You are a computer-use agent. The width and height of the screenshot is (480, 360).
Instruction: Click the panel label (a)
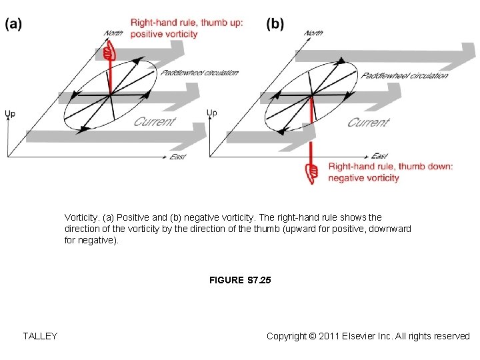pyautogui.click(x=13, y=24)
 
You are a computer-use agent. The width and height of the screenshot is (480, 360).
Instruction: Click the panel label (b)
pyautogui.click(x=275, y=24)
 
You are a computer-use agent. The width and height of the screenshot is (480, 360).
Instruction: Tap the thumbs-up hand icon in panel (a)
pyautogui.click(x=111, y=51)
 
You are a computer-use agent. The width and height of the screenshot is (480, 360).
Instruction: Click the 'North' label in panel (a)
pyautogui.click(x=114, y=33)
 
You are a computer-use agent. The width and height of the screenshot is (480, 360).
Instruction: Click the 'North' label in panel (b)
pyautogui.click(x=313, y=33)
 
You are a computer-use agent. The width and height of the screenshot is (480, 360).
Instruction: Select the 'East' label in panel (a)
pyautogui.click(x=177, y=157)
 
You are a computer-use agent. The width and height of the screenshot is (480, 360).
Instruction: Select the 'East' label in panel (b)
pyautogui.click(x=379, y=157)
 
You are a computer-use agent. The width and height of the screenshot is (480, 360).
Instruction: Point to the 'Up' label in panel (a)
pyautogui.click(x=10, y=114)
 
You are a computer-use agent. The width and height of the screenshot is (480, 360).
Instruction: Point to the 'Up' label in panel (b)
pyautogui.click(x=211, y=113)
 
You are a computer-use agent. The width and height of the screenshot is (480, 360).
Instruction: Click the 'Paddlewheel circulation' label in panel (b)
pyautogui.click(x=405, y=75)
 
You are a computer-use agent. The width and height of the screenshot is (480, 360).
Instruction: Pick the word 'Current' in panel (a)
pyautogui.click(x=154, y=121)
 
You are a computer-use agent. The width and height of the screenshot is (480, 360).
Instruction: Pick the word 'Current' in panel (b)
pyautogui.click(x=367, y=122)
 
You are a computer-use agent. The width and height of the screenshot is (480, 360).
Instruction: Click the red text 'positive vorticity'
pyautogui.click(x=164, y=34)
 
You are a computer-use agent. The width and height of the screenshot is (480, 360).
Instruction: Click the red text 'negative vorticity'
pyautogui.click(x=363, y=178)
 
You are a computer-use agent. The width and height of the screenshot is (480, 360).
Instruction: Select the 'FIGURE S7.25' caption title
pyautogui.click(x=240, y=281)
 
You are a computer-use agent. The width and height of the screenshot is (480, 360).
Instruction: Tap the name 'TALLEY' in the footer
pyautogui.click(x=40, y=336)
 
